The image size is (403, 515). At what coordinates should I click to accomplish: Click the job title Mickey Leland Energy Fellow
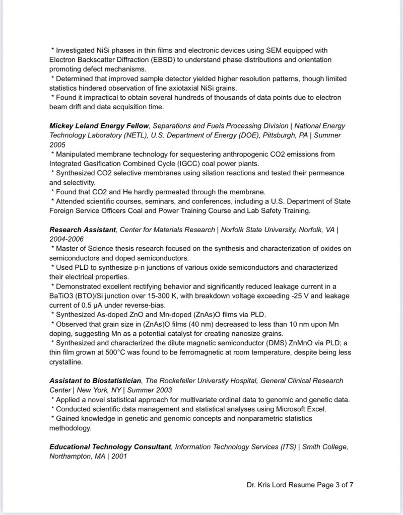pyautogui.click(x=99, y=126)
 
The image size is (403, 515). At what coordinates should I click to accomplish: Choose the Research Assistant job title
pyautogui.click(x=83, y=230)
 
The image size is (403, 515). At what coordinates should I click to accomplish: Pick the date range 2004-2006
pyautogui.click(x=66, y=239)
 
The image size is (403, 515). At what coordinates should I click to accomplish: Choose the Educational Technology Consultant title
pyautogui.click(x=110, y=447)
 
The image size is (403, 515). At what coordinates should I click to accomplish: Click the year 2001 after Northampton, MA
pyautogui.click(x=119, y=456)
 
